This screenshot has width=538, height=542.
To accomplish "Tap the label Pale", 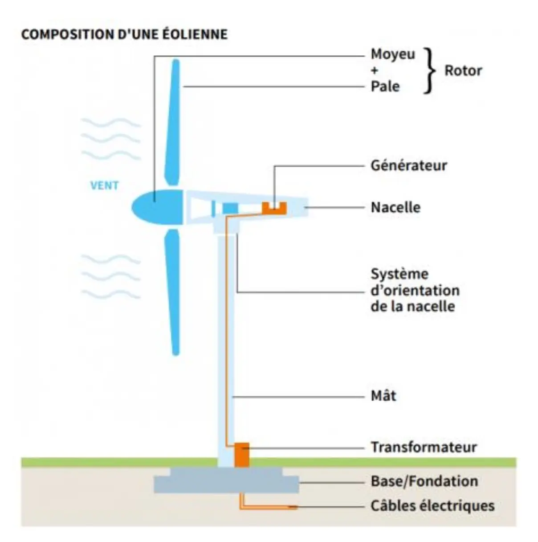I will (x=385, y=86).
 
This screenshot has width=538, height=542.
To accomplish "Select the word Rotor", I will (x=463, y=70).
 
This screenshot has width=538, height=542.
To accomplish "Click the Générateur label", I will (x=408, y=165).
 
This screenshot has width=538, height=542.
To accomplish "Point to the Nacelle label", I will (x=395, y=207).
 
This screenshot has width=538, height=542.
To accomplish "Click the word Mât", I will (x=383, y=395).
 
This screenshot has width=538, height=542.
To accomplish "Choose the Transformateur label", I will (x=424, y=447).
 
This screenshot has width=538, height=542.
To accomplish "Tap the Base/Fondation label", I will (x=424, y=481).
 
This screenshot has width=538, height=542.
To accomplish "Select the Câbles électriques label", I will (x=432, y=506).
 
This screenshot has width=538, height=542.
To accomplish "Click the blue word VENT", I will (x=104, y=185).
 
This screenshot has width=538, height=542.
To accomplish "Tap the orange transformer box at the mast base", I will (x=242, y=454).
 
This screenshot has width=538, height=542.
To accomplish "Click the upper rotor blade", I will (x=173, y=125).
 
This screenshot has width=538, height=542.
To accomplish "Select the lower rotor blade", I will (x=173, y=290).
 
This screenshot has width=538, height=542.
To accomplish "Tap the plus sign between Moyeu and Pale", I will (x=375, y=70).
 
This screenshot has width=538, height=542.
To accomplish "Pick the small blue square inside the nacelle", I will (x=230, y=208).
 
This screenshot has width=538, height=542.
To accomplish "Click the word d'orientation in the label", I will (x=415, y=291).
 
